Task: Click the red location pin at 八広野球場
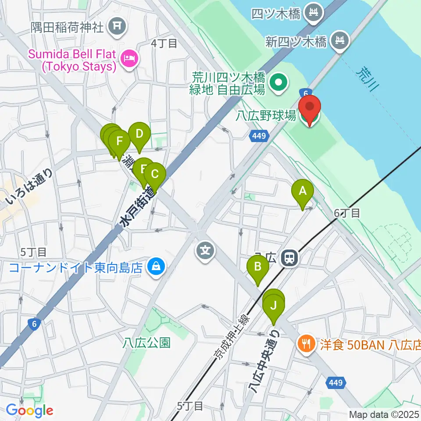[310, 107]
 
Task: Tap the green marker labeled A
[302, 191]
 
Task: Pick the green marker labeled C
[154, 174]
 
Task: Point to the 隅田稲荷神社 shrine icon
[117, 26]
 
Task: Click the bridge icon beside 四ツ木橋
[314, 13]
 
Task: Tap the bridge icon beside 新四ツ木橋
[340, 41]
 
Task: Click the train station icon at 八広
[289, 258]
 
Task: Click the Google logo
[29, 410]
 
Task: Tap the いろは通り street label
[30, 186]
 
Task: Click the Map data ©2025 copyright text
[383, 414]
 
